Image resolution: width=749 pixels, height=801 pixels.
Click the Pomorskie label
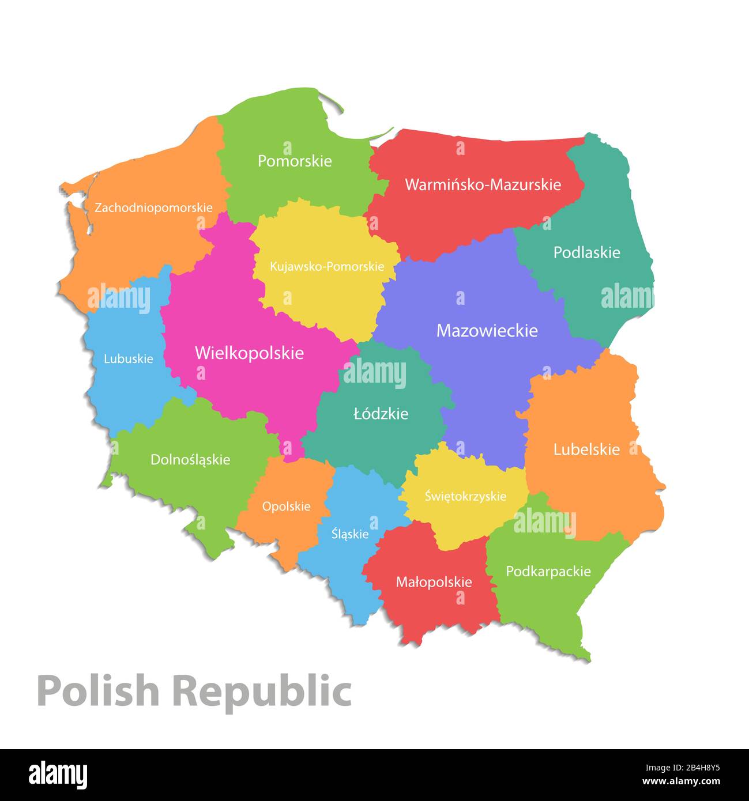295,161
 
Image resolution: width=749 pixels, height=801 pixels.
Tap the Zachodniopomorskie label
153,207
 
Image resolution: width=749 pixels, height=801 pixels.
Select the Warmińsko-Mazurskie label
483,185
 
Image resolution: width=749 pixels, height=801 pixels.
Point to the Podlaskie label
586,252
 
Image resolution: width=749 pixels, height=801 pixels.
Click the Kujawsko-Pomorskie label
327,267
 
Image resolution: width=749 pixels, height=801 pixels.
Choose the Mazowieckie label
487,331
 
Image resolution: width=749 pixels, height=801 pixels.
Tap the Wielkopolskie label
249,353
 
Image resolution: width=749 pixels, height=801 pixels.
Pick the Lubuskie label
129,359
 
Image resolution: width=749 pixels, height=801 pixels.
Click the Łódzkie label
381,414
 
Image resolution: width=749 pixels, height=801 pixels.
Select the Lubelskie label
586,449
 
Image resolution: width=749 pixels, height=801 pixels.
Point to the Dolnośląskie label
190,460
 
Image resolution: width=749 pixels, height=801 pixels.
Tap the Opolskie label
286,507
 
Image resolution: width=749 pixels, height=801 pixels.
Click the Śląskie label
350,534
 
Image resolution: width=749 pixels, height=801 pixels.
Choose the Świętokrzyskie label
465,496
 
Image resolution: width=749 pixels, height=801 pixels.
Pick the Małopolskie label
434,582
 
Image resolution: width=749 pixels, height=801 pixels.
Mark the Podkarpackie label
548,572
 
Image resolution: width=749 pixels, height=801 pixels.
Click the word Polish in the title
97,691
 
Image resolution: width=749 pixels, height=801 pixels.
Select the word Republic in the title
262,691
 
